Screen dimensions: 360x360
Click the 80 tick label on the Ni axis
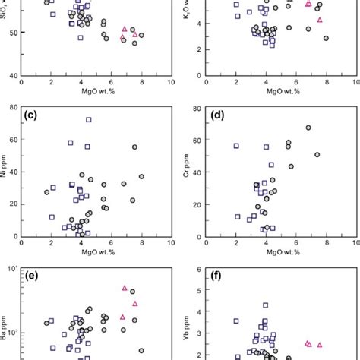pos(14,107)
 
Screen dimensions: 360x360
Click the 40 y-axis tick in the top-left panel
pos(14,76)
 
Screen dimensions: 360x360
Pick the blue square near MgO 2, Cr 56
pos(236,146)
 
